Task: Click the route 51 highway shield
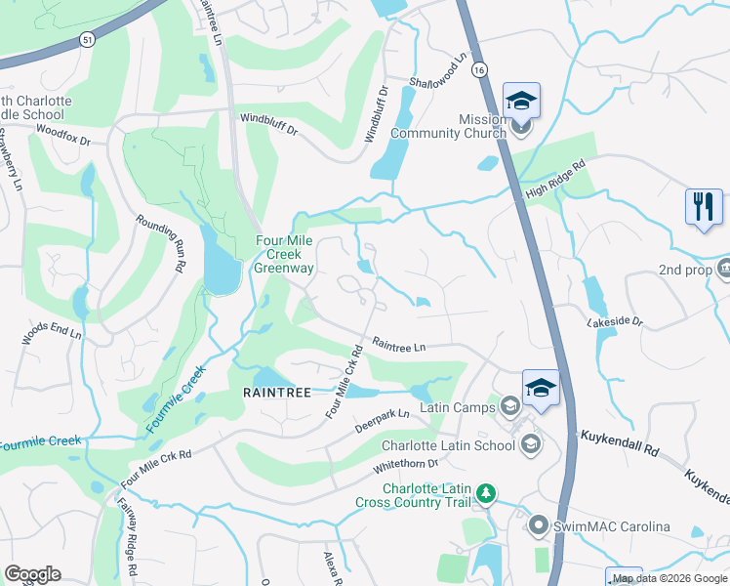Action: (x=88, y=38)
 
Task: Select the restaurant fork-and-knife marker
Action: (x=704, y=206)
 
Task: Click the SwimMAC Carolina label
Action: (x=612, y=527)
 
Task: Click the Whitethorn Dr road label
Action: (x=406, y=468)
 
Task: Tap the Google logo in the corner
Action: (x=33, y=574)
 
